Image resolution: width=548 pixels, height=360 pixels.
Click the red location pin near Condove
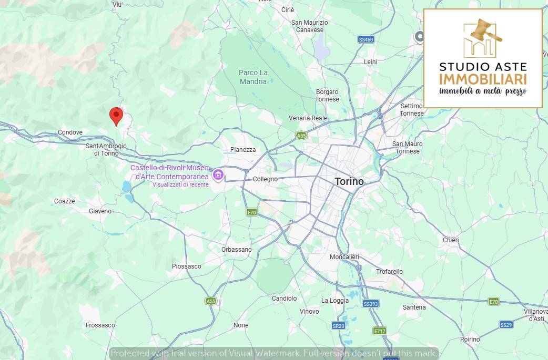(116, 115)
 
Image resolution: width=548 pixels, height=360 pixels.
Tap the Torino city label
(349, 182)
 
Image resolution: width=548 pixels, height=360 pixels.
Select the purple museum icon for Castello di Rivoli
(217, 174)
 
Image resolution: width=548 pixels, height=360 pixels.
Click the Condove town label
(70, 132)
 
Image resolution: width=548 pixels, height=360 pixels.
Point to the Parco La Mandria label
(253, 77)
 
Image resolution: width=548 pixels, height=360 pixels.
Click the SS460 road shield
(366, 39)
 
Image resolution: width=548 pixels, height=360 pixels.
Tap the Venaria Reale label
(308, 118)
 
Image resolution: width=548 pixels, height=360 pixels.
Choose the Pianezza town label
(243, 150)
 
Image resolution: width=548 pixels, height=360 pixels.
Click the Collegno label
(265, 179)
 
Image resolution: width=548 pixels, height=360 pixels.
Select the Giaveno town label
(100, 211)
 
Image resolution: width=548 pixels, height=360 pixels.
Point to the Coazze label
(64, 201)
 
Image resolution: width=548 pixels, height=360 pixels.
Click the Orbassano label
(237, 250)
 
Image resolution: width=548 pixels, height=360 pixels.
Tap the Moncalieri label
(344, 257)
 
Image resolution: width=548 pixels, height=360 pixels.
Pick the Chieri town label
(451, 240)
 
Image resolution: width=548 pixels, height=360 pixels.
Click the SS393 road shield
(371, 304)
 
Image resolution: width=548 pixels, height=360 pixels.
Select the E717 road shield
(379, 331)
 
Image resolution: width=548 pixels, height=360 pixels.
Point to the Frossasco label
(100, 325)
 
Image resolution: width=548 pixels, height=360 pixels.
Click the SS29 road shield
(506, 325)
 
